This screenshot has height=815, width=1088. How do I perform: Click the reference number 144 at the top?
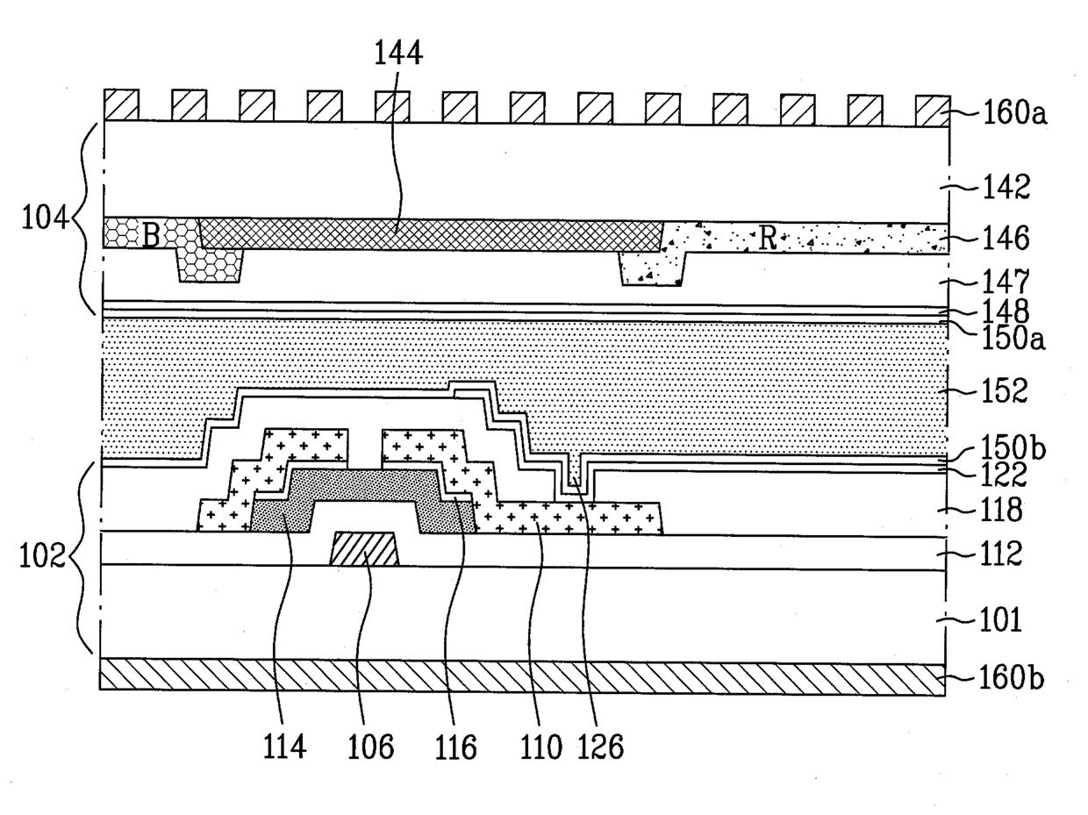coord(398,54)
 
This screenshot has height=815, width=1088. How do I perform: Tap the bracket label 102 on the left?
coord(43,557)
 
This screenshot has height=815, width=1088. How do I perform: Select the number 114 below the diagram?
coord(286,747)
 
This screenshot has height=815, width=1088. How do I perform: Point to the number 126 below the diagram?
coord(602,747)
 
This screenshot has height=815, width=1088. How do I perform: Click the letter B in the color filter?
coord(151,236)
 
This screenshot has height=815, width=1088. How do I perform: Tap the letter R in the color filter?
coord(768,239)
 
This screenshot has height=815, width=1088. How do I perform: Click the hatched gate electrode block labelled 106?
coord(364,549)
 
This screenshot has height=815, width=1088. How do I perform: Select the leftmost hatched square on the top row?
coord(121,105)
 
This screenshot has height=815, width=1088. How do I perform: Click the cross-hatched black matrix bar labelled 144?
coord(430,234)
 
